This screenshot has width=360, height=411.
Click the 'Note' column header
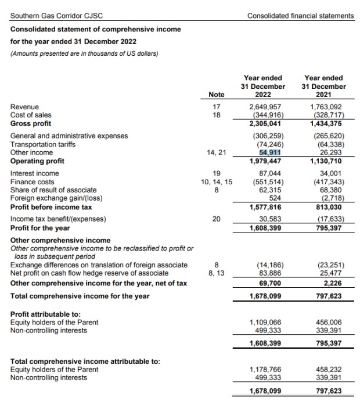(x=216, y=95)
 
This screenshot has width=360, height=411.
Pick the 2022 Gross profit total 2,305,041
(x=265, y=124)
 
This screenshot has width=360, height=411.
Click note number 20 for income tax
(x=216, y=219)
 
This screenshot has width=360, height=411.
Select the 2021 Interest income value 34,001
(x=328, y=173)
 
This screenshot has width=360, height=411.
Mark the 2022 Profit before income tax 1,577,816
(x=265, y=206)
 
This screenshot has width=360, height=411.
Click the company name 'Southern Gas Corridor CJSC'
(x=53, y=16)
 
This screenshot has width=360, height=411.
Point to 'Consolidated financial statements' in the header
(x=300, y=16)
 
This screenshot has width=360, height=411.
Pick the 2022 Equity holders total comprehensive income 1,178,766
(x=265, y=369)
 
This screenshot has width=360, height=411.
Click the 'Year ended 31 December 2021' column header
(x=324, y=86)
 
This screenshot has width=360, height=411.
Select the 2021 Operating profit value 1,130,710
(x=326, y=161)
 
